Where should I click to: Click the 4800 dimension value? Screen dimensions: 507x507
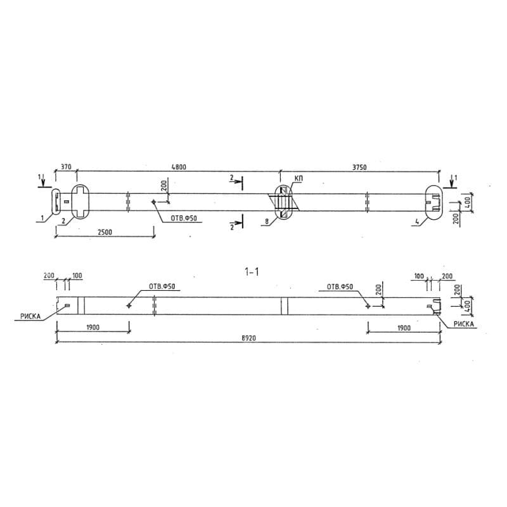point(179,167)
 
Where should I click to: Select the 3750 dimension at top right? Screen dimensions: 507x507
point(359,167)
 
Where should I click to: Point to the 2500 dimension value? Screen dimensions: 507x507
point(105,232)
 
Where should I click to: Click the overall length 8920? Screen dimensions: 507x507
point(248,338)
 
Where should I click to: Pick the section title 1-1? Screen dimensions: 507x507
point(252,272)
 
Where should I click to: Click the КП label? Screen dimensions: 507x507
point(298,179)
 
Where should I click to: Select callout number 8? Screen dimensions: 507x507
point(267,221)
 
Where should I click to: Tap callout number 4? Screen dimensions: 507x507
point(417,222)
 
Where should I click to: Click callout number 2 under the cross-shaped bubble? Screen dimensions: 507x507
point(63,221)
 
